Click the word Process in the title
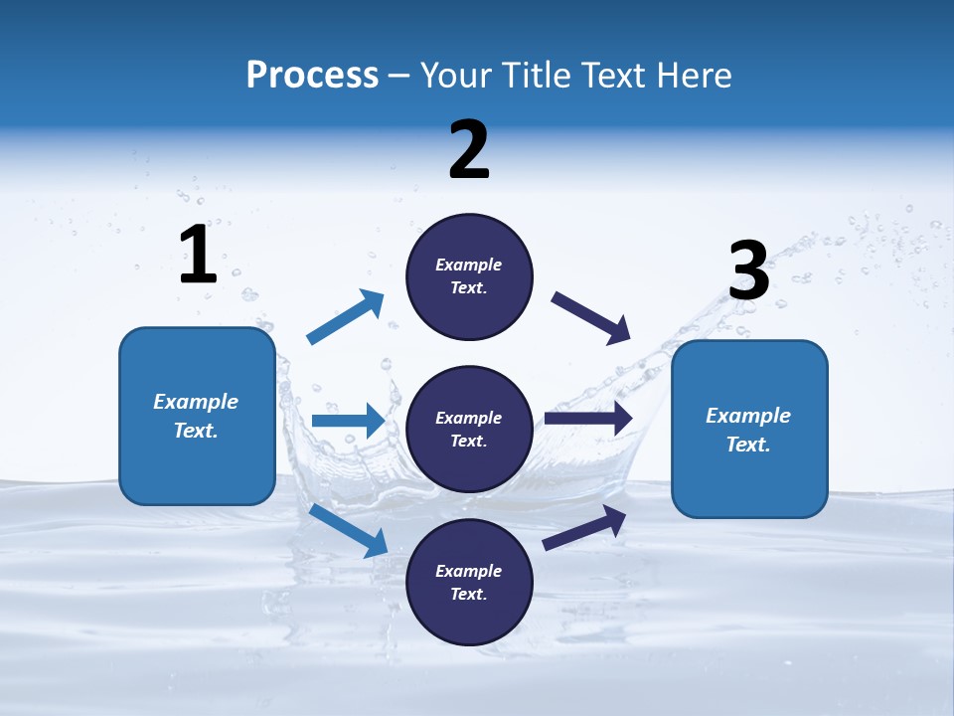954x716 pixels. (312, 75)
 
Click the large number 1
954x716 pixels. (198, 256)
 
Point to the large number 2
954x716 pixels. (469, 151)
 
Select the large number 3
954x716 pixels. (748, 271)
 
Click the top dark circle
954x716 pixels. (469, 276)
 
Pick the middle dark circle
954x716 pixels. (469, 430)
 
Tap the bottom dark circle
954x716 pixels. (469, 583)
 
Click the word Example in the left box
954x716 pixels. (196, 402)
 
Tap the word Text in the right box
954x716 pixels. (747, 445)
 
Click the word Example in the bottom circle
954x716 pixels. (468, 571)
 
